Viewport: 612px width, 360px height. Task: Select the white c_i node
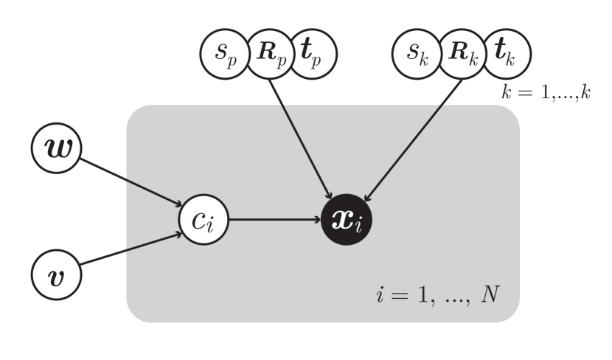pos(204,219)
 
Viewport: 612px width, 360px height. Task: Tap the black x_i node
pos(347,219)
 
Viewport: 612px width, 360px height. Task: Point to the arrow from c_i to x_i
pos(273,219)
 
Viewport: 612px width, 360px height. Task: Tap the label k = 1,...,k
pos(546,94)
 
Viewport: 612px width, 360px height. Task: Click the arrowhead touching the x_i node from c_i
pos(316,219)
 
